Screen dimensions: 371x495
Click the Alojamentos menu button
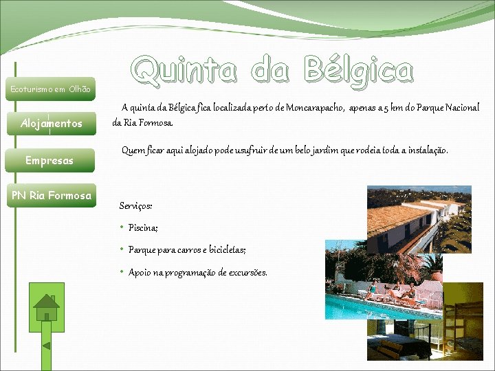[x=52, y=124]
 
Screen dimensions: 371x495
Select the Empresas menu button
[x=49, y=161]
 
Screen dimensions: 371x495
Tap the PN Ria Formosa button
[x=52, y=196]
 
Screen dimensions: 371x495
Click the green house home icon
[x=47, y=305]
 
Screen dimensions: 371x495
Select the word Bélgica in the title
[x=358, y=71]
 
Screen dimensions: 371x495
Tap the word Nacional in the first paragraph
[x=462, y=108]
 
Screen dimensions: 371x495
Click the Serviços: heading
[x=135, y=206]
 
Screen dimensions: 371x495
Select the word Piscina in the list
[x=142, y=228]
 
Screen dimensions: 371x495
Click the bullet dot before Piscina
[x=121, y=227]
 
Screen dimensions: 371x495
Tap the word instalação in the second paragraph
[x=427, y=150]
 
